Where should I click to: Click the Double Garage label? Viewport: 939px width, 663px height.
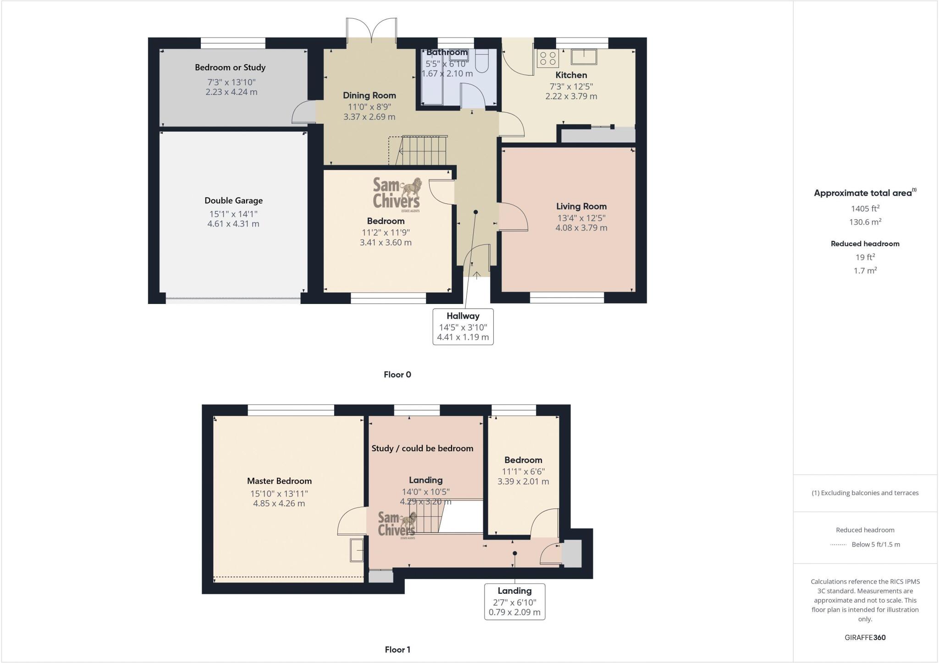233,200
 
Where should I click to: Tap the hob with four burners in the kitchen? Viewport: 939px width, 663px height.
547,58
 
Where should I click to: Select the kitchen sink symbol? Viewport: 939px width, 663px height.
584,57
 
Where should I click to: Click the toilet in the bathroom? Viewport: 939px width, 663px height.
482,61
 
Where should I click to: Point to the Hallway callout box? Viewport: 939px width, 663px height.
463,326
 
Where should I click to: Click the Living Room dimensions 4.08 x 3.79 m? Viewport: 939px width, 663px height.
581,228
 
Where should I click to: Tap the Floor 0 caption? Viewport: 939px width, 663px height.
397,375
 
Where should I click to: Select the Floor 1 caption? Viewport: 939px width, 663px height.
397,650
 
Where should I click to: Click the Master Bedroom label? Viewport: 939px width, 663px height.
279,481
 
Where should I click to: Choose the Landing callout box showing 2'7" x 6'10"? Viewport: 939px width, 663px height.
514,602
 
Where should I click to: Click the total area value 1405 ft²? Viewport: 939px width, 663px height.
865,209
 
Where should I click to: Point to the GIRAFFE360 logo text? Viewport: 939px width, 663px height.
865,637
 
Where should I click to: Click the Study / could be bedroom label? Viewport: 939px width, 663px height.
422,448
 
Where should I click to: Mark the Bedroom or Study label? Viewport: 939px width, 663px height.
230,67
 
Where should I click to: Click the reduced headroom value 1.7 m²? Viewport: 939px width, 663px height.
865,271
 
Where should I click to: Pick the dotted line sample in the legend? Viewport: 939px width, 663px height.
838,545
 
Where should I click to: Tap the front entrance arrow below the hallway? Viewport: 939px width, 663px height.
476,275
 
